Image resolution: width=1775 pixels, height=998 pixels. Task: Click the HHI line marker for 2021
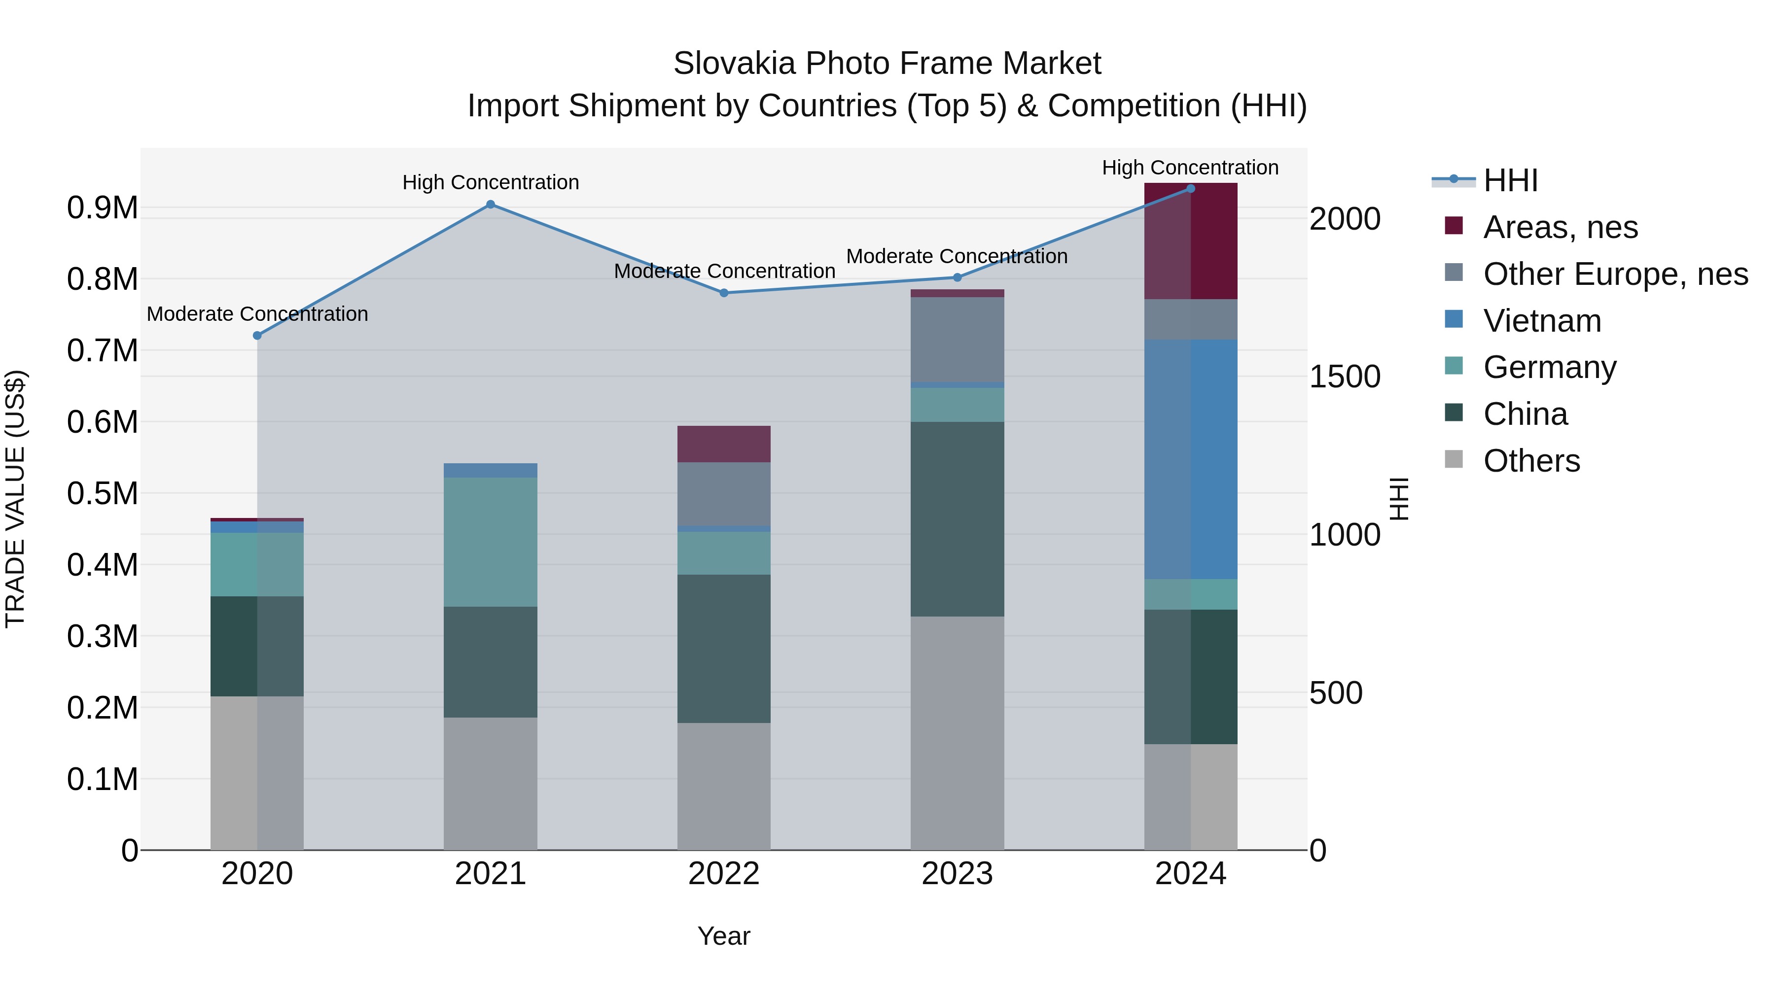point(490,205)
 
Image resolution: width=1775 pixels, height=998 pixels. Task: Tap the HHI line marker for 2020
point(257,336)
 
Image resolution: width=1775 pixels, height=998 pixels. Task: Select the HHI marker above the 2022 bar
point(723,293)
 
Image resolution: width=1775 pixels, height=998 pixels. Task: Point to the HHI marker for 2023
point(957,277)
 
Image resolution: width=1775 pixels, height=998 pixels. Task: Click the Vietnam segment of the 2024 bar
point(1191,459)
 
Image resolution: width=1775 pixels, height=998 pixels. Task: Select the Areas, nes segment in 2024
point(1191,241)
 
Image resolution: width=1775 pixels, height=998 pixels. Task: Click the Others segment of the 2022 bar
point(723,786)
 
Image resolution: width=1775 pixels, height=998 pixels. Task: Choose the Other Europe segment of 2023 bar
point(957,340)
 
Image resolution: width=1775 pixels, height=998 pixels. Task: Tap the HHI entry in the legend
point(1510,180)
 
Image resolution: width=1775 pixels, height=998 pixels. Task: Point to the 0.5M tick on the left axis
point(102,494)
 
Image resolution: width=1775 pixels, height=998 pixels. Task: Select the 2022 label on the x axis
point(723,874)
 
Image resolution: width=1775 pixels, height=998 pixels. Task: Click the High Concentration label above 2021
point(491,182)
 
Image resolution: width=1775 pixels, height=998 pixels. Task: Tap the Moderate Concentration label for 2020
point(257,314)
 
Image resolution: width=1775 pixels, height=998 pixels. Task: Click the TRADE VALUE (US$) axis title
point(16,499)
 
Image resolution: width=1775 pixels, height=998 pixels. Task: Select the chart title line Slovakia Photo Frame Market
point(887,64)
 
